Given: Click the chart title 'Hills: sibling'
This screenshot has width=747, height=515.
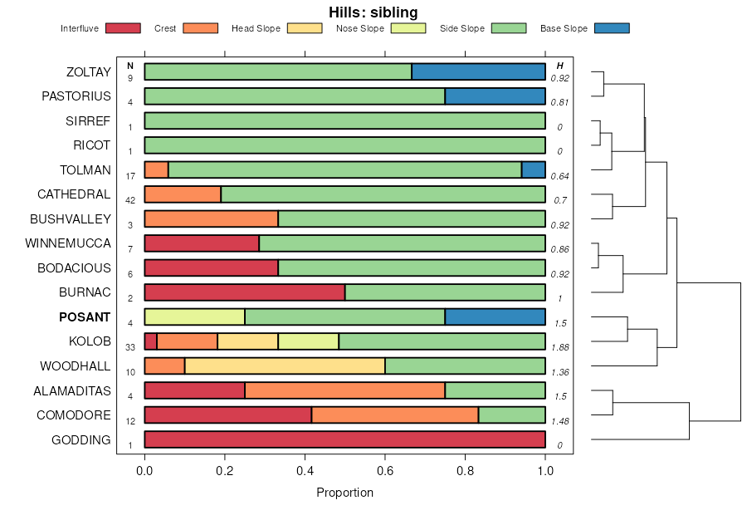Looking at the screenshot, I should (373, 12).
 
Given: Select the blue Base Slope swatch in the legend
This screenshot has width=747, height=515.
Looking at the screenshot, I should (612, 28).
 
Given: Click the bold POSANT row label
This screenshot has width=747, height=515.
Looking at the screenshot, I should (85, 317).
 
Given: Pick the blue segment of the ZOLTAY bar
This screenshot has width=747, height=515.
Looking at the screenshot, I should (478, 71).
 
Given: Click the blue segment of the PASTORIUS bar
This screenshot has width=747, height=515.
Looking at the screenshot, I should (495, 96).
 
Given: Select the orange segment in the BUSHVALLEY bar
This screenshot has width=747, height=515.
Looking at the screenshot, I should (211, 219).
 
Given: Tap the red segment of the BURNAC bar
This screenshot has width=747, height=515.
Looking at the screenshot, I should (244, 292).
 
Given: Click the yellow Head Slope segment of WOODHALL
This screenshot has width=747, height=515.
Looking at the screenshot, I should (285, 366).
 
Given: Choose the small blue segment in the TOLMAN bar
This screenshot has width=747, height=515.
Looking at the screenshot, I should (533, 170).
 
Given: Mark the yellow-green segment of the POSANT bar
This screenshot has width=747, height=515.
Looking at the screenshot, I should (194, 317).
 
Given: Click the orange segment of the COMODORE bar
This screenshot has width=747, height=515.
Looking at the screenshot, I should (395, 415).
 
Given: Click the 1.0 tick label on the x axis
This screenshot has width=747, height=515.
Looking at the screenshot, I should (544, 470).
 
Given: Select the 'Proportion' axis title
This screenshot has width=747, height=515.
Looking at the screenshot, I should (344, 493).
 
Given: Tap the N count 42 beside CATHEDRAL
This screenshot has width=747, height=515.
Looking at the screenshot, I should (130, 200).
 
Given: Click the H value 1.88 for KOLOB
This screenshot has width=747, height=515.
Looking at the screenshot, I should (560, 347).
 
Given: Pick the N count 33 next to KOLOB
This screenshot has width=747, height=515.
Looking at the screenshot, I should (130, 347).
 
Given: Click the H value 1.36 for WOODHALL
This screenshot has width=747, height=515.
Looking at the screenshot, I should (560, 372).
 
